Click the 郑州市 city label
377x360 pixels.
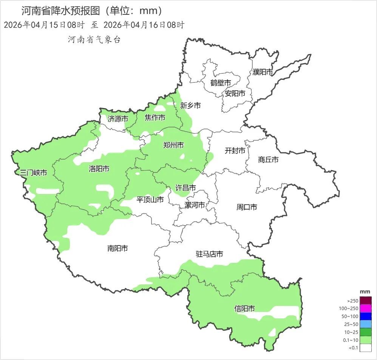pos(173,145)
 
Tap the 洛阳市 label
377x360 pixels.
pos(99,169)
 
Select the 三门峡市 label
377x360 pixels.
pos(34,173)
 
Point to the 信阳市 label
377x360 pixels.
pos(244,309)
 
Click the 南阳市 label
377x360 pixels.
pos(117,248)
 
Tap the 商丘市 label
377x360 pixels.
pos(269,160)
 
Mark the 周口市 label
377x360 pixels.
pos(247,207)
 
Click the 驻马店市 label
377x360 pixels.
pos(209,254)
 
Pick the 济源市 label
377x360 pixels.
pos(117,119)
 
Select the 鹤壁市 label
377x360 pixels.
pos(221,83)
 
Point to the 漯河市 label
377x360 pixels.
pos(195,205)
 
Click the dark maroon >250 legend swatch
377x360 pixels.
pos(366,301)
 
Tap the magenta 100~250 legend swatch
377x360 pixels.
pos(366,309)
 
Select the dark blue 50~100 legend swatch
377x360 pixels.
pos(366,317)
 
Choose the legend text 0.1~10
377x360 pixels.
pos(351,340)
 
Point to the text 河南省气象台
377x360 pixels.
pos(94,40)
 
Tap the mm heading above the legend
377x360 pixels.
pos(365,292)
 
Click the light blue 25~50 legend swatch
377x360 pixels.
pos(366,324)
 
